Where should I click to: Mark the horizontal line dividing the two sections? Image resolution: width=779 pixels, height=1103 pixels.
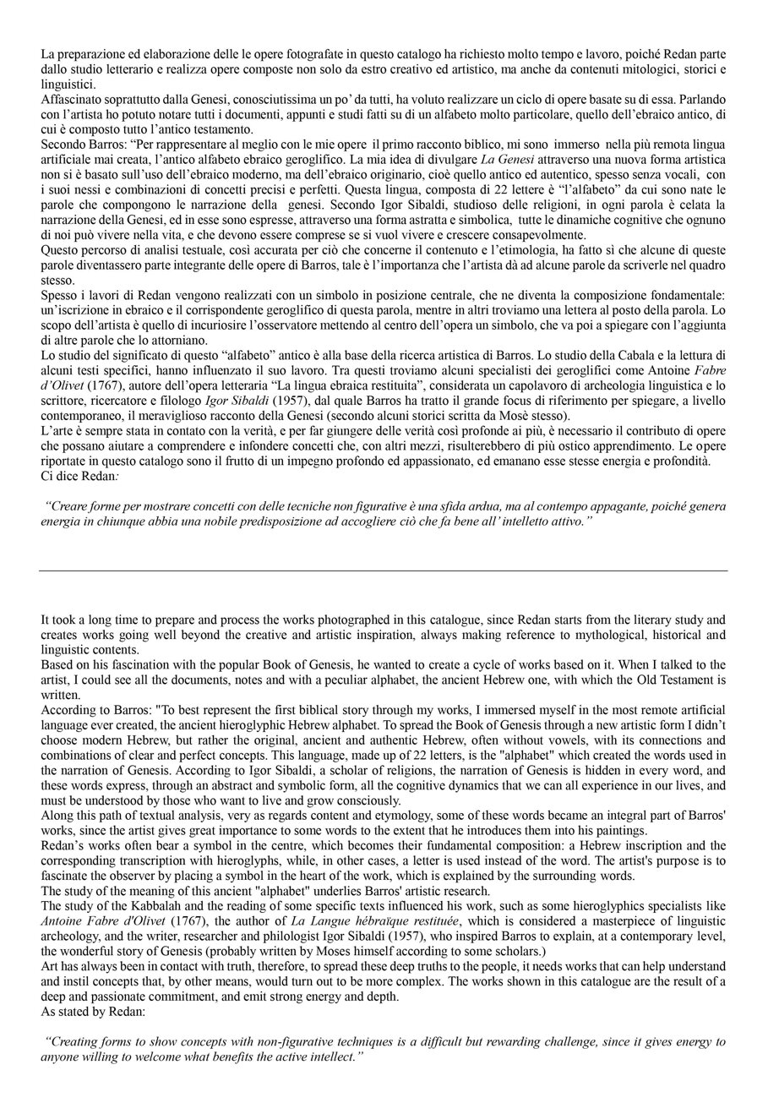click(x=383, y=571)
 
